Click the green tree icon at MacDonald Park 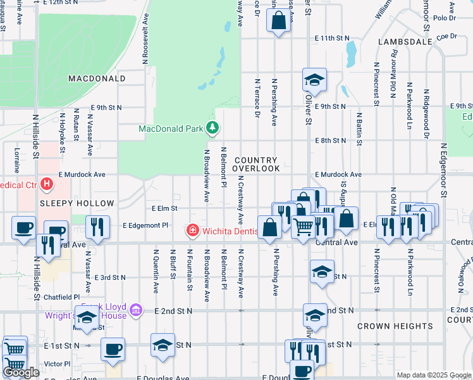pyautogui.click(x=212, y=129)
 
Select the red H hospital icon pyautogui.click(x=46, y=185)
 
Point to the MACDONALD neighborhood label pyautogui.click(x=97, y=79)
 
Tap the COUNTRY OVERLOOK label pyautogui.click(x=255, y=165)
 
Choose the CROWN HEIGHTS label pyautogui.click(x=395, y=326)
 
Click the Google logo pyautogui.click(x=21, y=372)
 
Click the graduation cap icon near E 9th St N pyautogui.click(x=314, y=80)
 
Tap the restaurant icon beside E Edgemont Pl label pyautogui.click(x=97, y=227)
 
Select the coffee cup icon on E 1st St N pyautogui.click(x=113, y=349)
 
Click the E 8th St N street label pyautogui.click(x=330, y=140)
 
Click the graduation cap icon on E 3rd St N pyautogui.click(x=322, y=273)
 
